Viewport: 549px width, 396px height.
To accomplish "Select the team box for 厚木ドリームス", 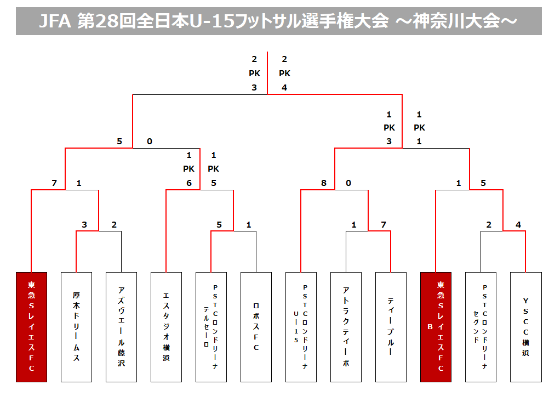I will [76, 327].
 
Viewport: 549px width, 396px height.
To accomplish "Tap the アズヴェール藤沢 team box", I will [121, 327].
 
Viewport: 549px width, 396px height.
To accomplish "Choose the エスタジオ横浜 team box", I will [166, 327].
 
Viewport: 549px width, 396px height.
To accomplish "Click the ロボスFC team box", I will [256, 327].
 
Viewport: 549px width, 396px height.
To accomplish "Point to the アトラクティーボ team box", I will [346, 327].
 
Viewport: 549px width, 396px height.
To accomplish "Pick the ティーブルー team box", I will [391, 327].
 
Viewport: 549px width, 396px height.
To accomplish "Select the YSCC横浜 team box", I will [525, 327].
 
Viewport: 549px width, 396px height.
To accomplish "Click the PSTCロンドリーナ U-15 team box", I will [301, 327].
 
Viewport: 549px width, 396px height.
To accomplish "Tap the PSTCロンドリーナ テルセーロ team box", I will [211, 327].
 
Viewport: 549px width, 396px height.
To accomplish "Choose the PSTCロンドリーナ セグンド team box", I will [481, 327].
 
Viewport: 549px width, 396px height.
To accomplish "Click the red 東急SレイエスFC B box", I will [436, 327].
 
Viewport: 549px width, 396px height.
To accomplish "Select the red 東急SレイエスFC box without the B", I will [31, 327].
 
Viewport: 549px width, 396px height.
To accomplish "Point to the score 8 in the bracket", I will [324, 183].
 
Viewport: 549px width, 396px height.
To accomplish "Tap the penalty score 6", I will [189, 183].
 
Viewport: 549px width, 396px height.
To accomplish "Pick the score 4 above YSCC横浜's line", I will [518, 225].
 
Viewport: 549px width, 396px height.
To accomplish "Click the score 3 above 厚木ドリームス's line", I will [84, 225].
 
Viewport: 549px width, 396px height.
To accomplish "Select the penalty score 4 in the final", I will [284, 88].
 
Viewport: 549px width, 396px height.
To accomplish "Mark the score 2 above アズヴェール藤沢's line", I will [114, 225].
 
